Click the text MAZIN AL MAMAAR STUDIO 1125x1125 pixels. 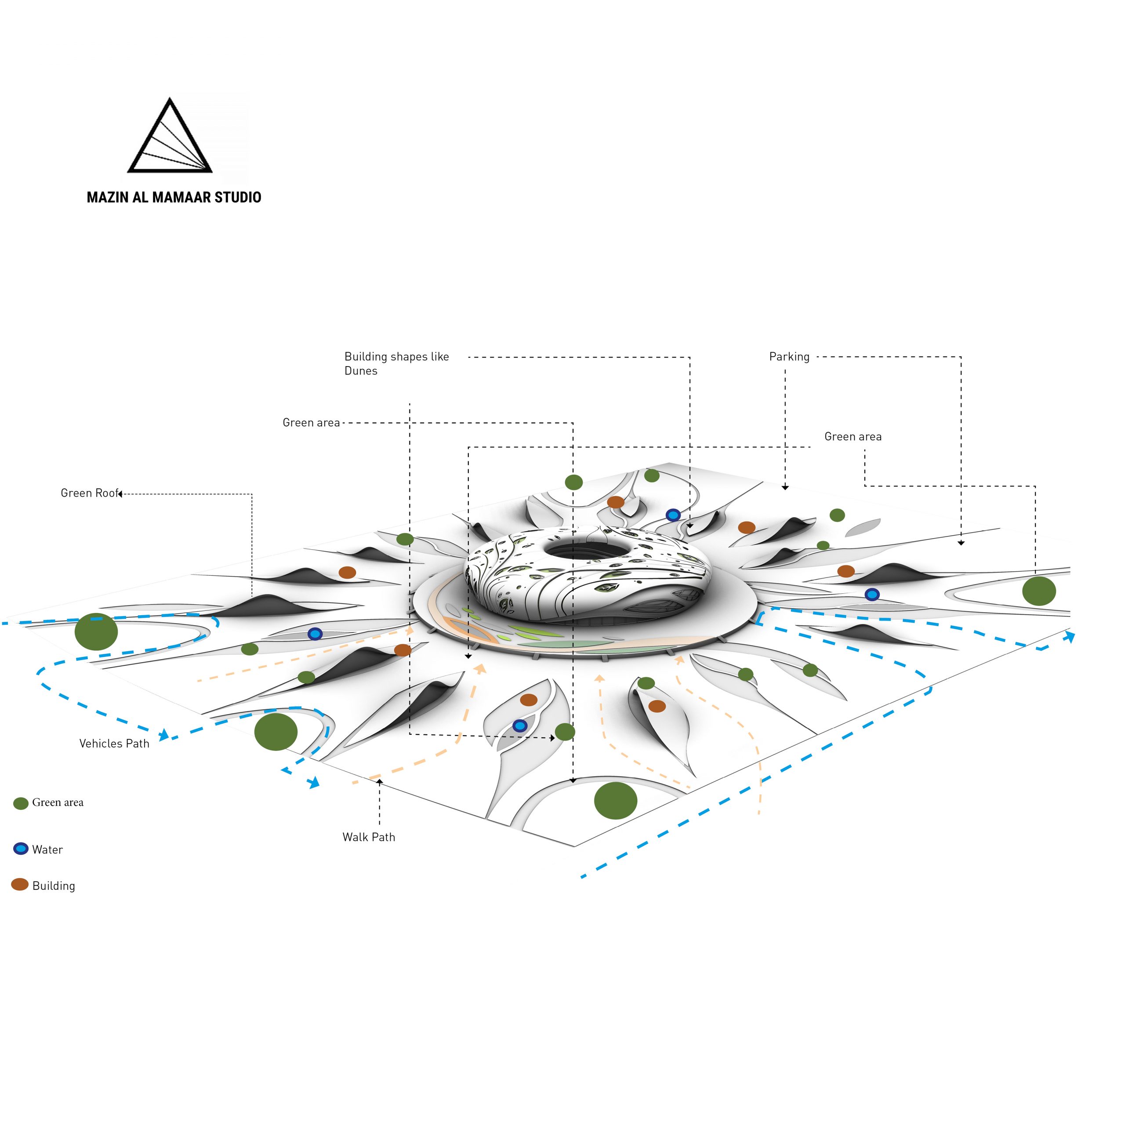click(x=174, y=197)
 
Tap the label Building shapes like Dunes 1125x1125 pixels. click(x=396, y=363)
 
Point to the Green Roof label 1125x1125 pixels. click(x=89, y=493)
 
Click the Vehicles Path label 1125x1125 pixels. click(x=114, y=744)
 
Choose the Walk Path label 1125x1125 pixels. click(x=369, y=837)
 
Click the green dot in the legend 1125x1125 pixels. click(x=21, y=804)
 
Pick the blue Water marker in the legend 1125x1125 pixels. click(x=21, y=849)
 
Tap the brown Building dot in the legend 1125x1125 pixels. click(x=20, y=885)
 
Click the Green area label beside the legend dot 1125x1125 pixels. click(x=58, y=802)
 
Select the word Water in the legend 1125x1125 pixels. click(x=47, y=849)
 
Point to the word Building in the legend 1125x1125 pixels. click(x=54, y=885)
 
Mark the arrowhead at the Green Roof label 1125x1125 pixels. click(x=120, y=494)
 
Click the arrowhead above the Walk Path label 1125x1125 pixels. click(x=379, y=781)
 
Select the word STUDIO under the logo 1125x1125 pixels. click(x=238, y=197)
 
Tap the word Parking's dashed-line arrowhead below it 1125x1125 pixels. click(x=785, y=487)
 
